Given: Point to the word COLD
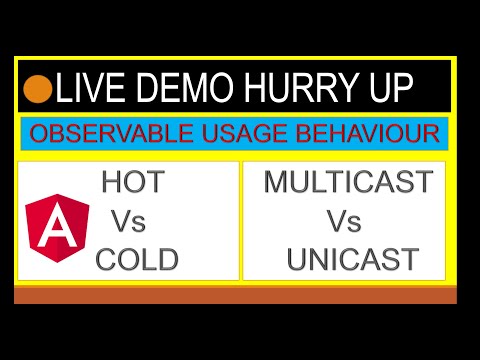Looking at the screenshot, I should pos(137,260).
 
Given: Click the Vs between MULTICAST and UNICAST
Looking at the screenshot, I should pos(344,221).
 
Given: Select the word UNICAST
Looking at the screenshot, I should pos(352,260).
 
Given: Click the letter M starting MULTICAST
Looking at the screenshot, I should pos(276,183).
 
